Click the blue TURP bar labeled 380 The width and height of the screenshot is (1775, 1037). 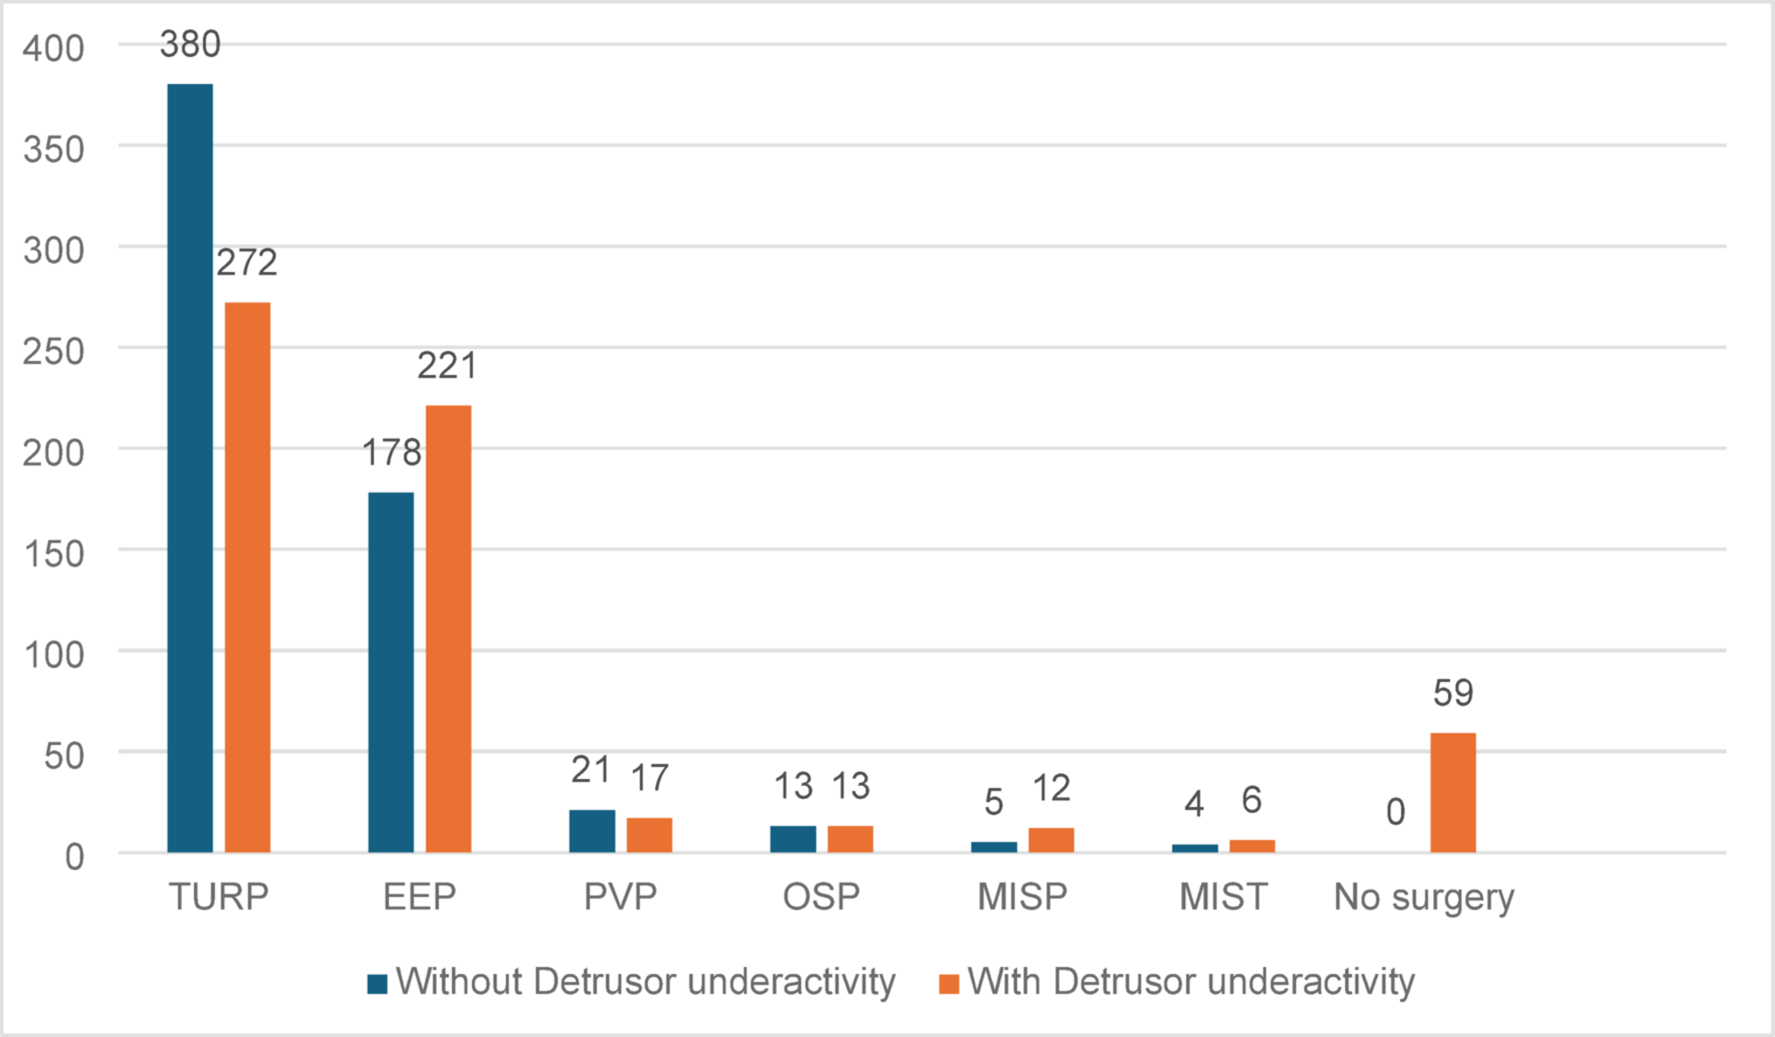coord(190,468)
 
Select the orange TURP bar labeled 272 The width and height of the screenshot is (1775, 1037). coord(247,577)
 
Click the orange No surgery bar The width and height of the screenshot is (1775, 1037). coord(1453,792)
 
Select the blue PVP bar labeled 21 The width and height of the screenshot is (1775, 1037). coord(592,831)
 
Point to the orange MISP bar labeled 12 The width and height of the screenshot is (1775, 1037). coord(1050,839)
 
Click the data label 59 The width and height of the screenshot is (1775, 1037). coord(1453,693)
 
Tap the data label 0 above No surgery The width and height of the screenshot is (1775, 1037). coord(1396,812)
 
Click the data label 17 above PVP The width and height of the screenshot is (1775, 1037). coord(649,778)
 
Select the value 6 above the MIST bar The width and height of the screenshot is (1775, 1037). coord(1252,800)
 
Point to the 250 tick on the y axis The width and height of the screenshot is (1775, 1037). coord(53,351)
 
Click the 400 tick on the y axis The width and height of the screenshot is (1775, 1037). coord(53,48)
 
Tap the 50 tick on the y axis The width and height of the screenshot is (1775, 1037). coord(64,755)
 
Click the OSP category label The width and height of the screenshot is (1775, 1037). coord(821,897)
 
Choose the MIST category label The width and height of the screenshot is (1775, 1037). coord(1223,897)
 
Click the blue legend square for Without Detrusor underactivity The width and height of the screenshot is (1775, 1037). coord(378,984)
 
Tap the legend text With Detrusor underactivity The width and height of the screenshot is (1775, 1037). coord(1190,982)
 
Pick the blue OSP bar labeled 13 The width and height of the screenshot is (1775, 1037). coord(793,839)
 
